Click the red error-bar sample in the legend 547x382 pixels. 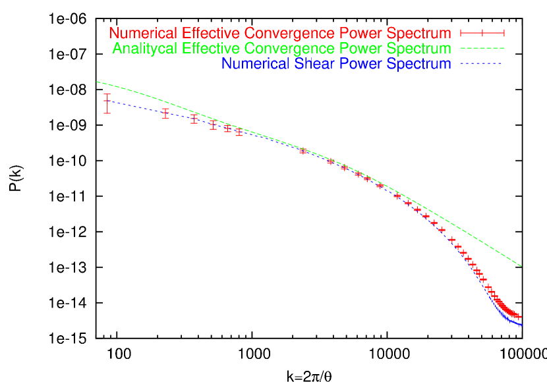pos(482,33)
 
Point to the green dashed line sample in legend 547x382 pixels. pos(482,49)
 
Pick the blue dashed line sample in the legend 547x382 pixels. pos(482,65)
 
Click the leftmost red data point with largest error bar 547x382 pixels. pos(107,103)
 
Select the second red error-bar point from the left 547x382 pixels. pos(165,113)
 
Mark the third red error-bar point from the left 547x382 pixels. pos(194,119)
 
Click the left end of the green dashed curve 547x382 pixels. pos(98,82)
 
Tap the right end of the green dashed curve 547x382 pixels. pos(521,266)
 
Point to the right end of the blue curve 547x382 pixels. pos(521,325)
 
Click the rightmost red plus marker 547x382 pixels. pos(518,317)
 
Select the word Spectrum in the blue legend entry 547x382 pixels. pos(420,65)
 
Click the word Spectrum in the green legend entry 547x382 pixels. pos(420,49)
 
